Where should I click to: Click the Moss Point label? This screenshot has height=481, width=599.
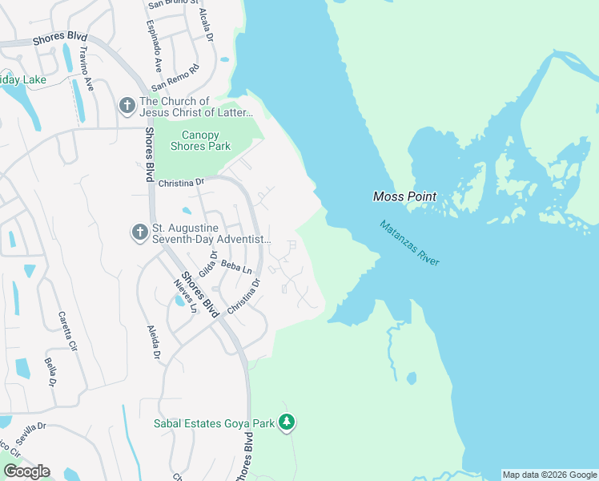pyautogui.click(x=405, y=196)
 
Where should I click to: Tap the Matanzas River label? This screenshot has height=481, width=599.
pyautogui.click(x=409, y=244)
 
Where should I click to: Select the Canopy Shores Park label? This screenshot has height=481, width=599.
pyautogui.click(x=200, y=140)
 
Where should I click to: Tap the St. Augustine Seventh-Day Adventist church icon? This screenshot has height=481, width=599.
pyautogui.click(x=139, y=232)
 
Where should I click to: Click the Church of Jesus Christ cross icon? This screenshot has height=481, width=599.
pyautogui.click(x=127, y=105)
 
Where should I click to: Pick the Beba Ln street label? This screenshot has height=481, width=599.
pyautogui.click(x=231, y=265)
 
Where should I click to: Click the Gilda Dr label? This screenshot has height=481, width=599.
pyautogui.click(x=214, y=263)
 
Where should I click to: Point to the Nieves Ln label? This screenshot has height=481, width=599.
pyautogui.click(x=186, y=297)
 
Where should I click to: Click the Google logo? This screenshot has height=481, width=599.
pyautogui.click(x=26, y=471)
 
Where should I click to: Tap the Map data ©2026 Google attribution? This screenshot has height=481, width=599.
pyautogui.click(x=550, y=475)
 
